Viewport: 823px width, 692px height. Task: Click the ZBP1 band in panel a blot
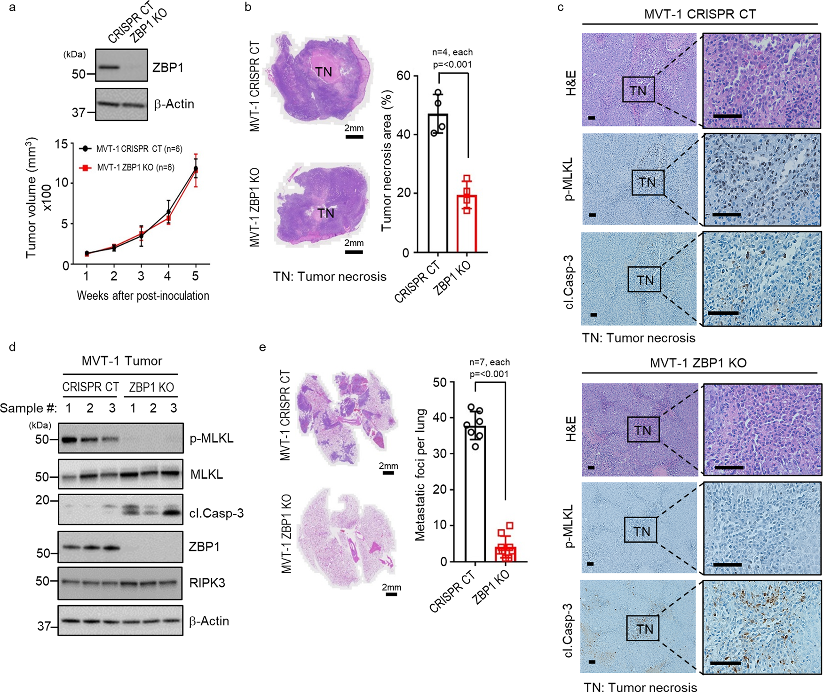pos(109,67)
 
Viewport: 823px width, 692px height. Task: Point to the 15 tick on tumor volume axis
pos(61,144)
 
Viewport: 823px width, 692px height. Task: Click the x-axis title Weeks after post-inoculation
pos(142,295)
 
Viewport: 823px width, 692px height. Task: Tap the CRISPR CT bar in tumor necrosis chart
pos(438,183)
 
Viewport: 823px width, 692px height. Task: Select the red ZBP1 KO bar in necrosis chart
pos(467,224)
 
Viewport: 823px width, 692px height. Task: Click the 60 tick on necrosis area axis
pos(403,76)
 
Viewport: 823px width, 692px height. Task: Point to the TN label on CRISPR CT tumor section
pos(324,72)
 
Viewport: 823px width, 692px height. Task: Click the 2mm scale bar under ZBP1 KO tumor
pos(354,252)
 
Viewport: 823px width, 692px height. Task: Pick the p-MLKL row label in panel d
pos(211,438)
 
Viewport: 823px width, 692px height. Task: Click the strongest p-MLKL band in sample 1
pos(69,440)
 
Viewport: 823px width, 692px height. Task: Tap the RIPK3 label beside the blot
pos(207,583)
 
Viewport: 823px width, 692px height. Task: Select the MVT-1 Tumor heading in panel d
pos(122,361)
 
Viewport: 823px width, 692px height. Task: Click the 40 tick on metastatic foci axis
pos(440,418)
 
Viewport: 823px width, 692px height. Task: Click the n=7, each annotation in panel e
pos(489,362)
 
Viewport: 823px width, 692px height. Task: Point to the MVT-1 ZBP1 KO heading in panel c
pos(698,363)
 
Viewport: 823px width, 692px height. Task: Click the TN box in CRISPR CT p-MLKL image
pos(648,182)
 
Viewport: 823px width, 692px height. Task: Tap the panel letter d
pos(12,347)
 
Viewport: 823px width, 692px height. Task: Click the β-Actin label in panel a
pos(174,104)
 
